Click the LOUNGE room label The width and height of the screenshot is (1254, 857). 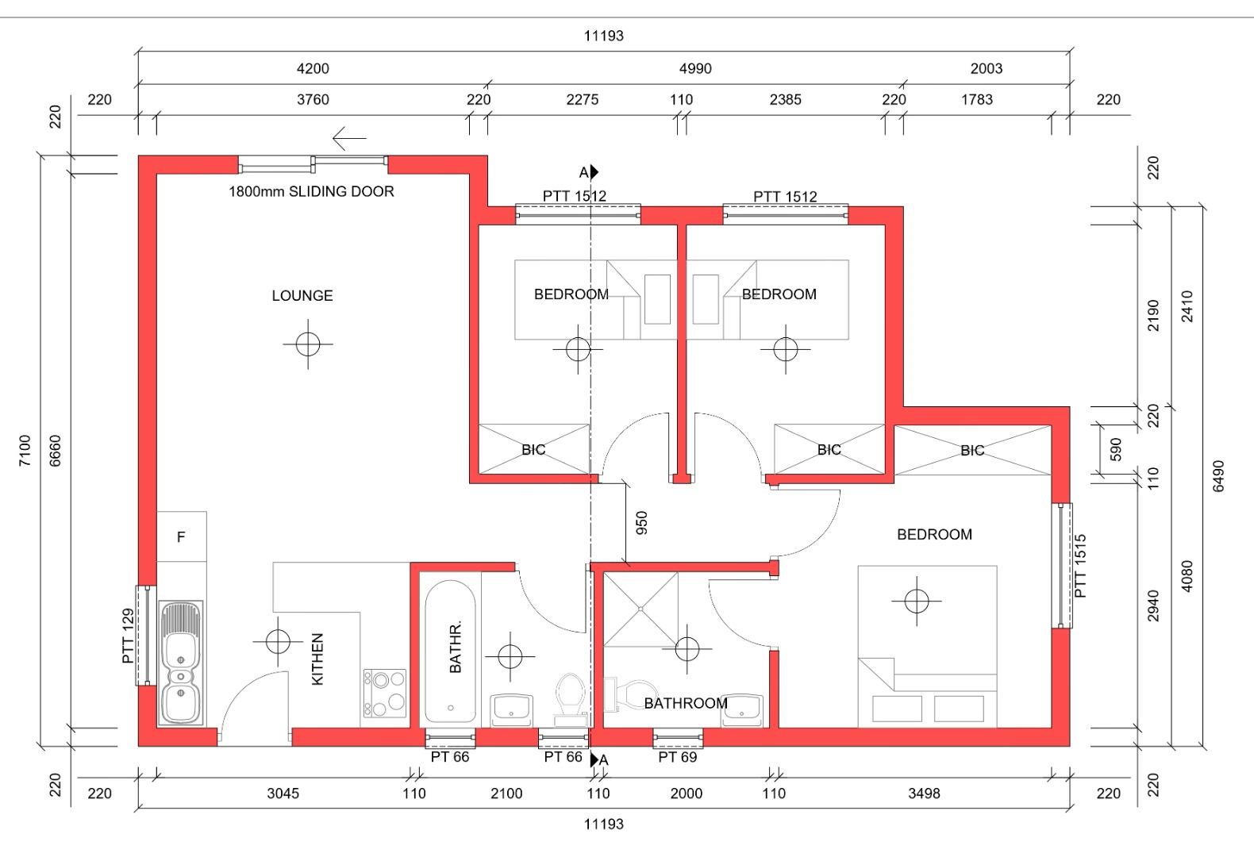coord(302,295)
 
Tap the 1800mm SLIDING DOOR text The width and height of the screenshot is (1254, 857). coord(311,191)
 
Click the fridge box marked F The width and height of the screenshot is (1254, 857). coord(182,536)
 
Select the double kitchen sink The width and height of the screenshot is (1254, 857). coord(181,663)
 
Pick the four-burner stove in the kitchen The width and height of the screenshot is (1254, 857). coord(385,693)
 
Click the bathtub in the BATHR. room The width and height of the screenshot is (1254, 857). coord(450,652)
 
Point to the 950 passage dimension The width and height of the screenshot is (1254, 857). coord(641,522)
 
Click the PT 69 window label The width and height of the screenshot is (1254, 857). coord(677,757)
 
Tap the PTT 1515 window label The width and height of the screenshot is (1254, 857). coord(1080,565)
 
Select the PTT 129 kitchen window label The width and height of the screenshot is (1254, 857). coord(129,636)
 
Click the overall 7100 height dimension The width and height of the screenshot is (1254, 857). coord(25,450)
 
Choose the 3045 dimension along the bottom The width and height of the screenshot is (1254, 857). coord(283,794)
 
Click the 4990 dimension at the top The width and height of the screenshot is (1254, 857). coord(695,68)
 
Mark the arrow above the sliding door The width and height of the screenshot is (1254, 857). coord(349,138)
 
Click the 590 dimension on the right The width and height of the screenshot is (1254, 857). coord(1116,449)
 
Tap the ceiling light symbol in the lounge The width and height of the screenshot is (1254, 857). coord(308,344)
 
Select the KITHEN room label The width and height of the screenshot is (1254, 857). coord(317,659)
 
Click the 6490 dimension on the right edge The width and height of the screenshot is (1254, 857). coord(1218,476)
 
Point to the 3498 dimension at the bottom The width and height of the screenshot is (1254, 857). coord(924,794)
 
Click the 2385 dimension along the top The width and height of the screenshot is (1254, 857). coord(785,100)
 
